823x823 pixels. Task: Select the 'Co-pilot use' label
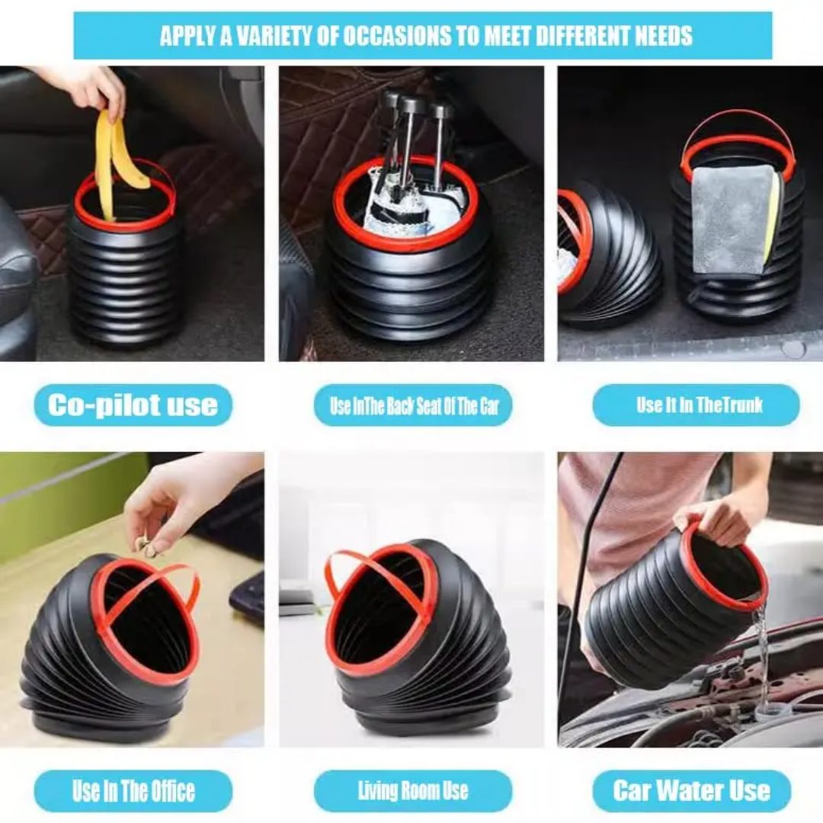[x=133, y=405]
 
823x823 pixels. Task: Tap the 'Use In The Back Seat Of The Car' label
[x=413, y=405]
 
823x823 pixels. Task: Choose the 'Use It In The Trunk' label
[x=696, y=405]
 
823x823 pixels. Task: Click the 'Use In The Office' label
[x=133, y=791]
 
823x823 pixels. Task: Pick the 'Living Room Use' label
[x=413, y=791]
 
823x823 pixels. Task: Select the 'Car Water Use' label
[x=691, y=791]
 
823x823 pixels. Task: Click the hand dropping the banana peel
[x=100, y=90]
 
